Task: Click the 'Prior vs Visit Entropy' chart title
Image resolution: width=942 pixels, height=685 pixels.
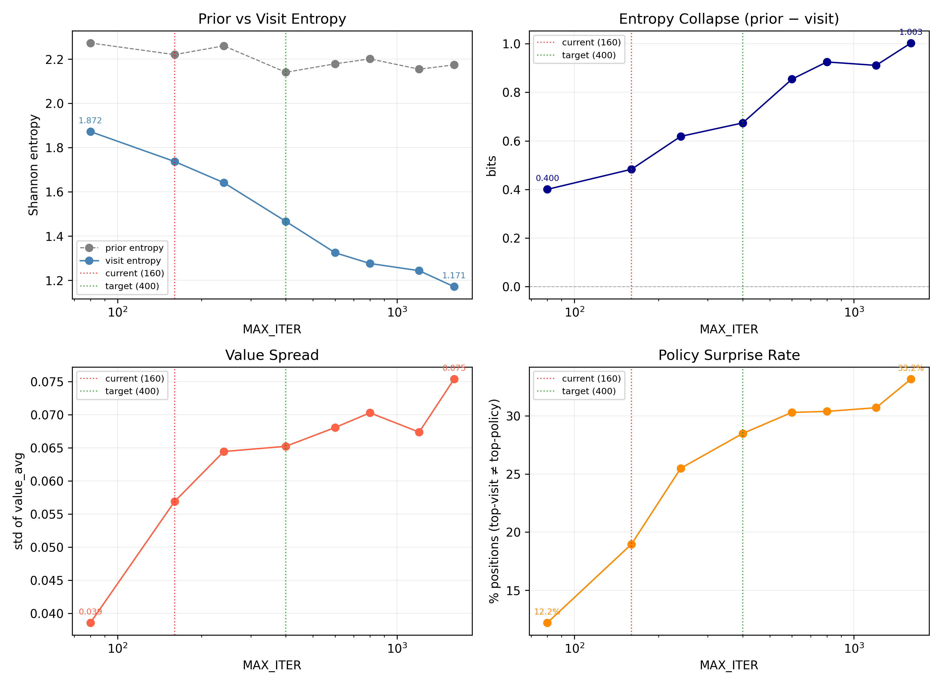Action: point(272,19)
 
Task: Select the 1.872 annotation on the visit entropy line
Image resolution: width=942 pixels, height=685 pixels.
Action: point(90,120)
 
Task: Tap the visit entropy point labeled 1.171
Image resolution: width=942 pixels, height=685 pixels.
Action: point(454,287)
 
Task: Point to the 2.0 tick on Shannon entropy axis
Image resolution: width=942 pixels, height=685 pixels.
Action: point(54,103)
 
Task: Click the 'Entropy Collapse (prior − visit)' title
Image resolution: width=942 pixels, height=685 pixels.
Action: point(728,19)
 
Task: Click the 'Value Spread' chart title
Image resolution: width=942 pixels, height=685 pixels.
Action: point(272,355)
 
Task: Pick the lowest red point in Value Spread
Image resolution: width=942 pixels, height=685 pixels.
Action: point(90,623)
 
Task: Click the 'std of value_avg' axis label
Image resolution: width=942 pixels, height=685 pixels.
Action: point(19,501)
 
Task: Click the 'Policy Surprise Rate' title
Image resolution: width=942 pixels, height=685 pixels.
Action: point(728,355)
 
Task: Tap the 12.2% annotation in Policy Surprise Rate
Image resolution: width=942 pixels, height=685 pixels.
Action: point(547,612)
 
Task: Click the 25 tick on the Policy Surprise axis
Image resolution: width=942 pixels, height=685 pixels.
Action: point(513,474)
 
